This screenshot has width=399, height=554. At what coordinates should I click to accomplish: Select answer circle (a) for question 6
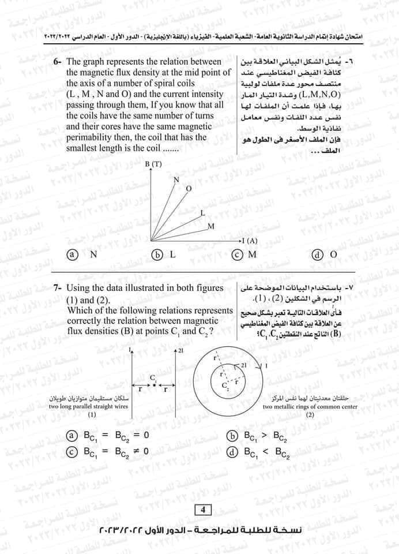72,254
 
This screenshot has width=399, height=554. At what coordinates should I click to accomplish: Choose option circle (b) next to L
155,254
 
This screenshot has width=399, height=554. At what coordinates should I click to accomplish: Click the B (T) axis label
153,164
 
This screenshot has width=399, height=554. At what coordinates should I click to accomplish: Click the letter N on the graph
177,180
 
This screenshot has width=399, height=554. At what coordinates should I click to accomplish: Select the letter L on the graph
202,213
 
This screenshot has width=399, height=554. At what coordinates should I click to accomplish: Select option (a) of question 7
72,436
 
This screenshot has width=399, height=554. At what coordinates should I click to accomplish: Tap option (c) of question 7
72,451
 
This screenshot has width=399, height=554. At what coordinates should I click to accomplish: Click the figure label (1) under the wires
92,415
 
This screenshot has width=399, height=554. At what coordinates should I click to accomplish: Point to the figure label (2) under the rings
310,415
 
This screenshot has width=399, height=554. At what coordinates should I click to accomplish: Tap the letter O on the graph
188,189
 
